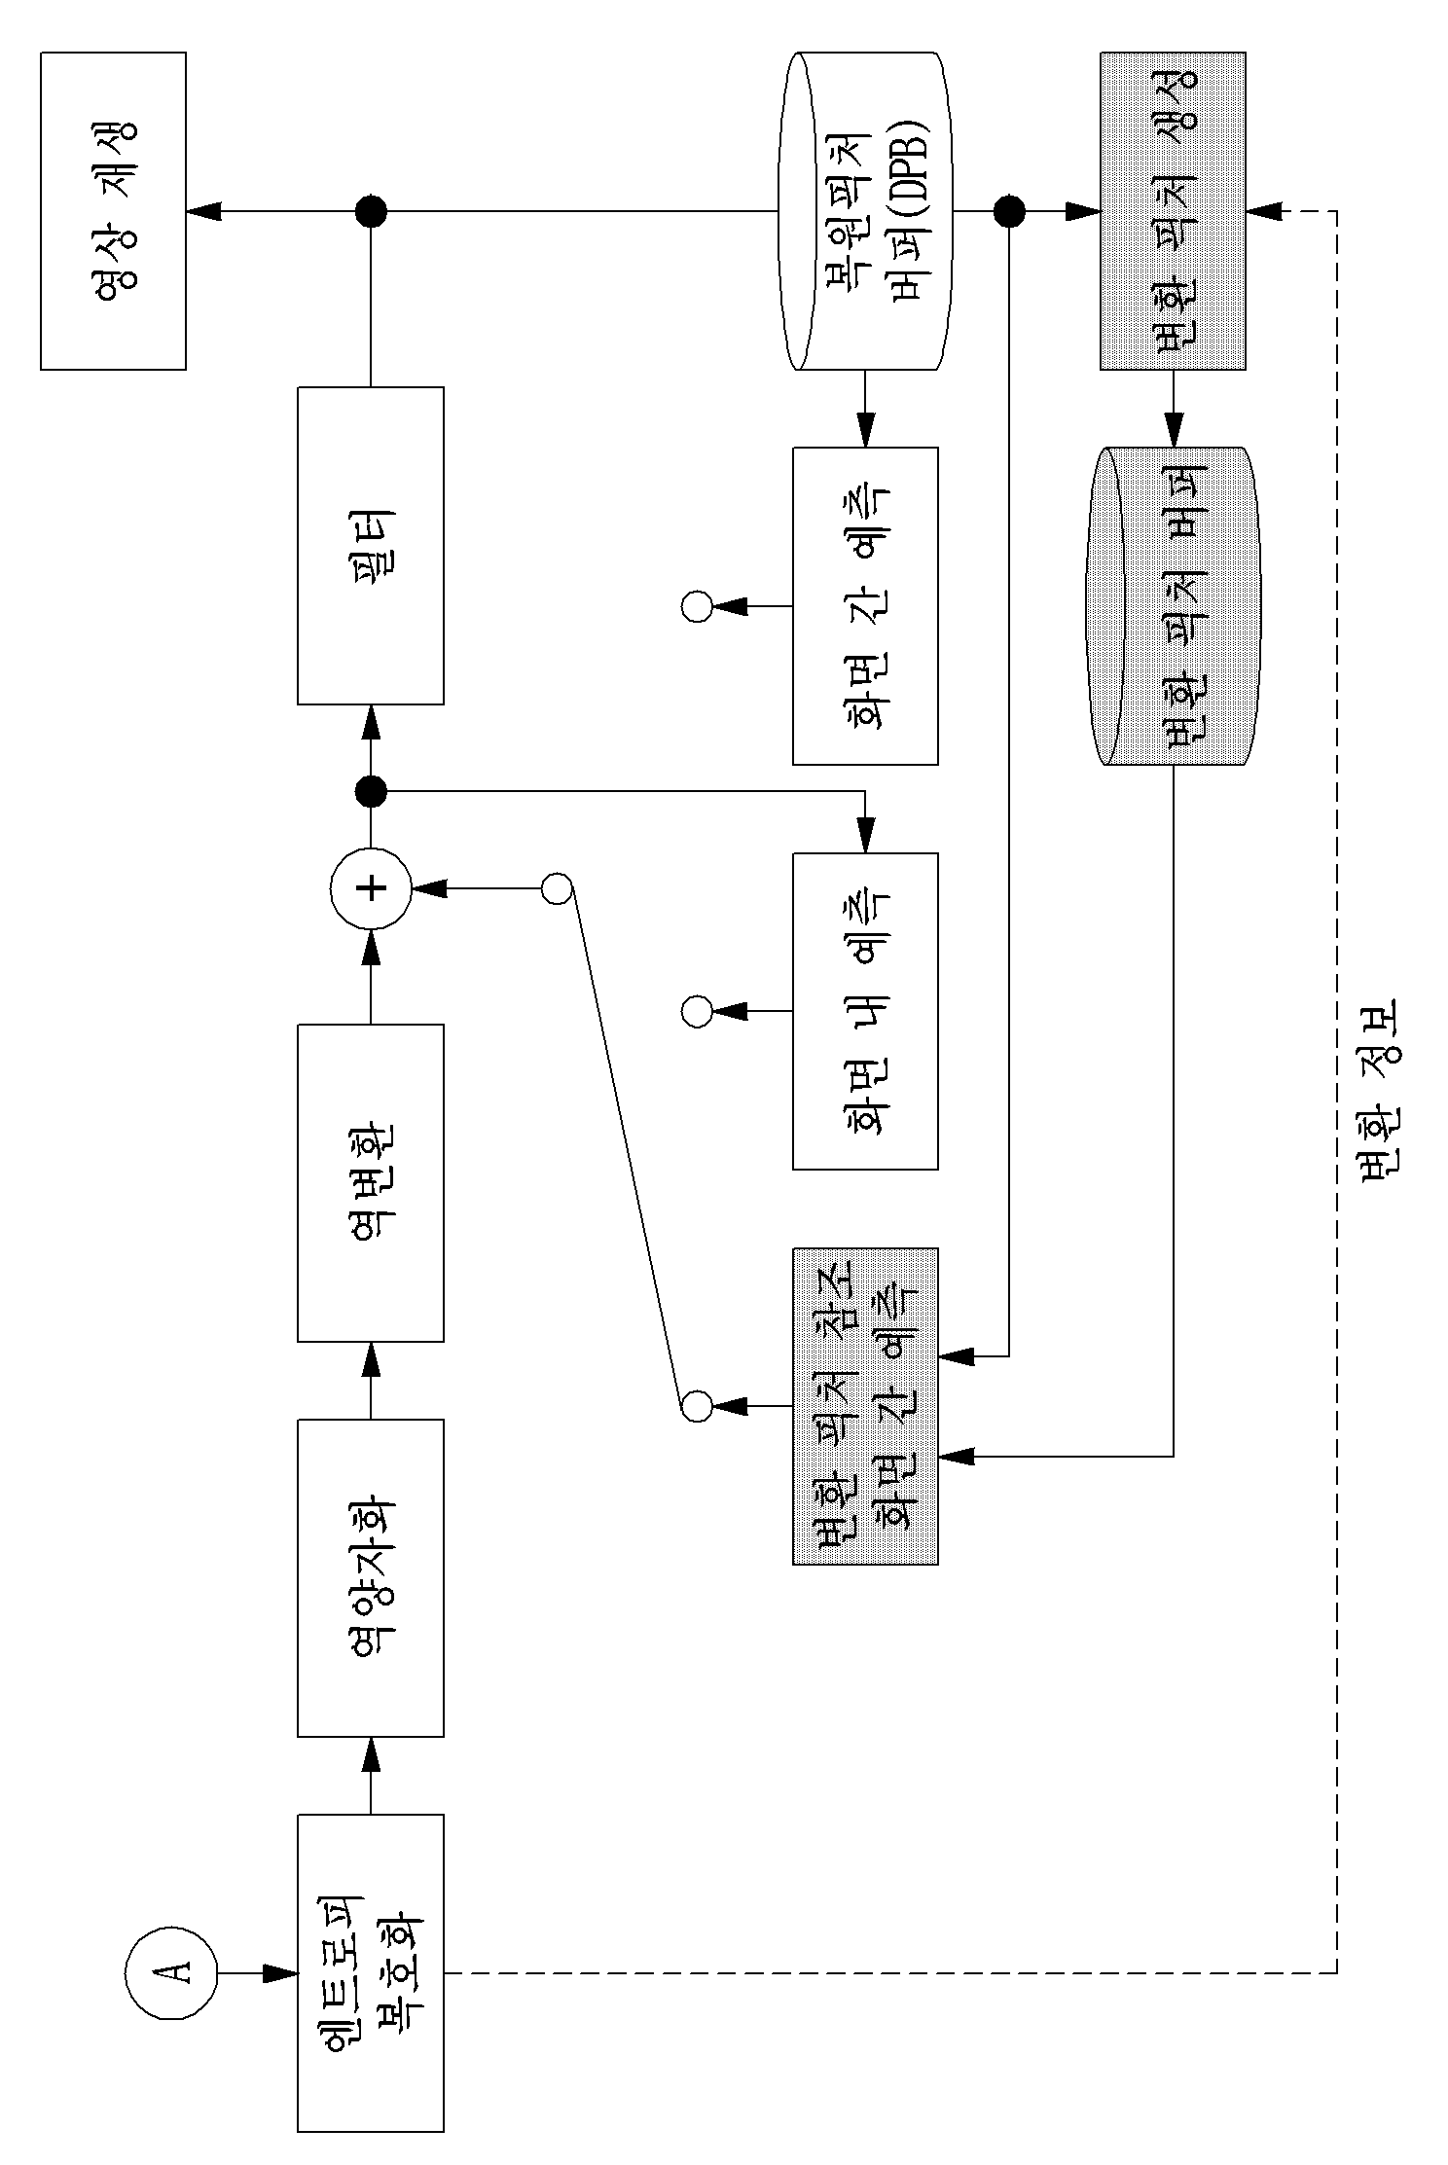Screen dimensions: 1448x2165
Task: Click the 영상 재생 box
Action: (x=113, y=211)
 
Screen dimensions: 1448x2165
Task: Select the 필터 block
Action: (x=371, y=546)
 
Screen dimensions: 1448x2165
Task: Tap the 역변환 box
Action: (x=371, y=1183)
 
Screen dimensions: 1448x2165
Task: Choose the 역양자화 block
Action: (x=371, y=1578)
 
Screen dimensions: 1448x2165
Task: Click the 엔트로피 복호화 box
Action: (x=371, y=1973)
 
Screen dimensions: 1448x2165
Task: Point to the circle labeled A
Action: (x=170, y=1972)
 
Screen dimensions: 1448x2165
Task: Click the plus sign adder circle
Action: (x=371, y=888)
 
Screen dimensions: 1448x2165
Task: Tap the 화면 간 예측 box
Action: (x=865, y=606)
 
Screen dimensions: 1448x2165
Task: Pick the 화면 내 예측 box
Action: (x=865, y=1011)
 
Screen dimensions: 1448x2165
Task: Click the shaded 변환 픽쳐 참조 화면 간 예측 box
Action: (x=865, y=1406)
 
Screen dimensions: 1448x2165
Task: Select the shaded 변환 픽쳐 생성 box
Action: (x=1173, y=211)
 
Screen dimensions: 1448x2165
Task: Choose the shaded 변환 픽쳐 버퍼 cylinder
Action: (x=1173, y=606)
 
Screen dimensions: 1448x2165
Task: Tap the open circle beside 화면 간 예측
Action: (x=697, y=606)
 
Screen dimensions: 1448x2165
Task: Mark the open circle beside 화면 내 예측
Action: (x=697, y=1011)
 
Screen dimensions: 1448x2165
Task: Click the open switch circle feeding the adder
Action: (x=557, y=888)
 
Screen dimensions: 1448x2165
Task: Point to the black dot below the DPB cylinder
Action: (x=1009, y=211)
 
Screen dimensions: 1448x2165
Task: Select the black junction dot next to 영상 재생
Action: (x=371, y=211)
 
